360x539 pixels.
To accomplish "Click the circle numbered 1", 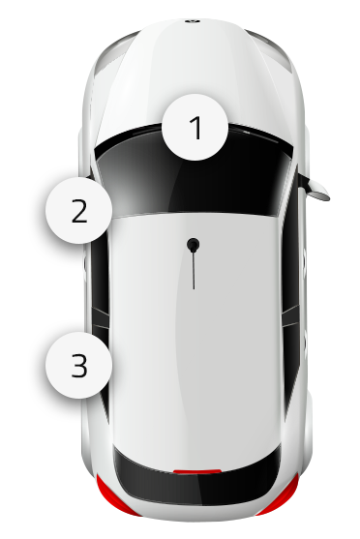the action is [x=195, y=127].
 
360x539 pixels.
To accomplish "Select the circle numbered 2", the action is [x=78, y=210].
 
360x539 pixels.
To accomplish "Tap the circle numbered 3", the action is [x=78, y=365].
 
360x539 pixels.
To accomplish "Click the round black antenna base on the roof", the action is [x=194, y=245].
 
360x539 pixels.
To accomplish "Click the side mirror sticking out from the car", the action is [x=315, y=189].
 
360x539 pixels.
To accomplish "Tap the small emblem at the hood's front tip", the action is [x=193, y=21].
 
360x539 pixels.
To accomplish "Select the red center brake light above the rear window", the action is [x=197, y=471].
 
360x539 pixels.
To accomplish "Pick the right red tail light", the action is [x=281, y=495].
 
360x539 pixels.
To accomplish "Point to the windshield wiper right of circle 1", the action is [x=254, y=133].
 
